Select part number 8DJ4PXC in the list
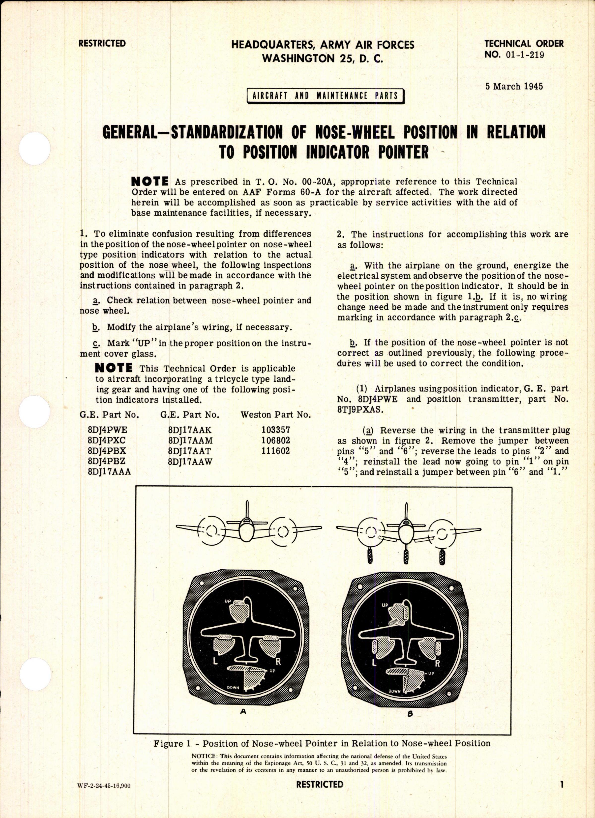pos(108,441)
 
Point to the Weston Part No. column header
pos(276,415)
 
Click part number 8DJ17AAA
pos(109,472)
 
